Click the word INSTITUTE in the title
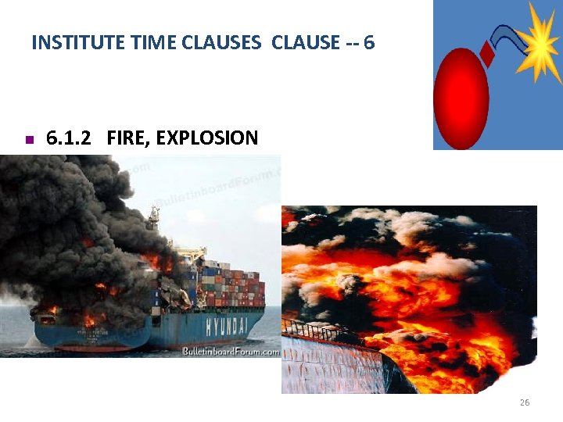[x=69, y=43]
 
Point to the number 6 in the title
[x=369, y=43]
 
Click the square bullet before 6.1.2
[x=27, y=141]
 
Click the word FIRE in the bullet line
[x=126, y=139]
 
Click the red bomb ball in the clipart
[x=461, y=100]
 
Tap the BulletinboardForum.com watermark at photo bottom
[x=230, y=352]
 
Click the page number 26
[x=524, y=402]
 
